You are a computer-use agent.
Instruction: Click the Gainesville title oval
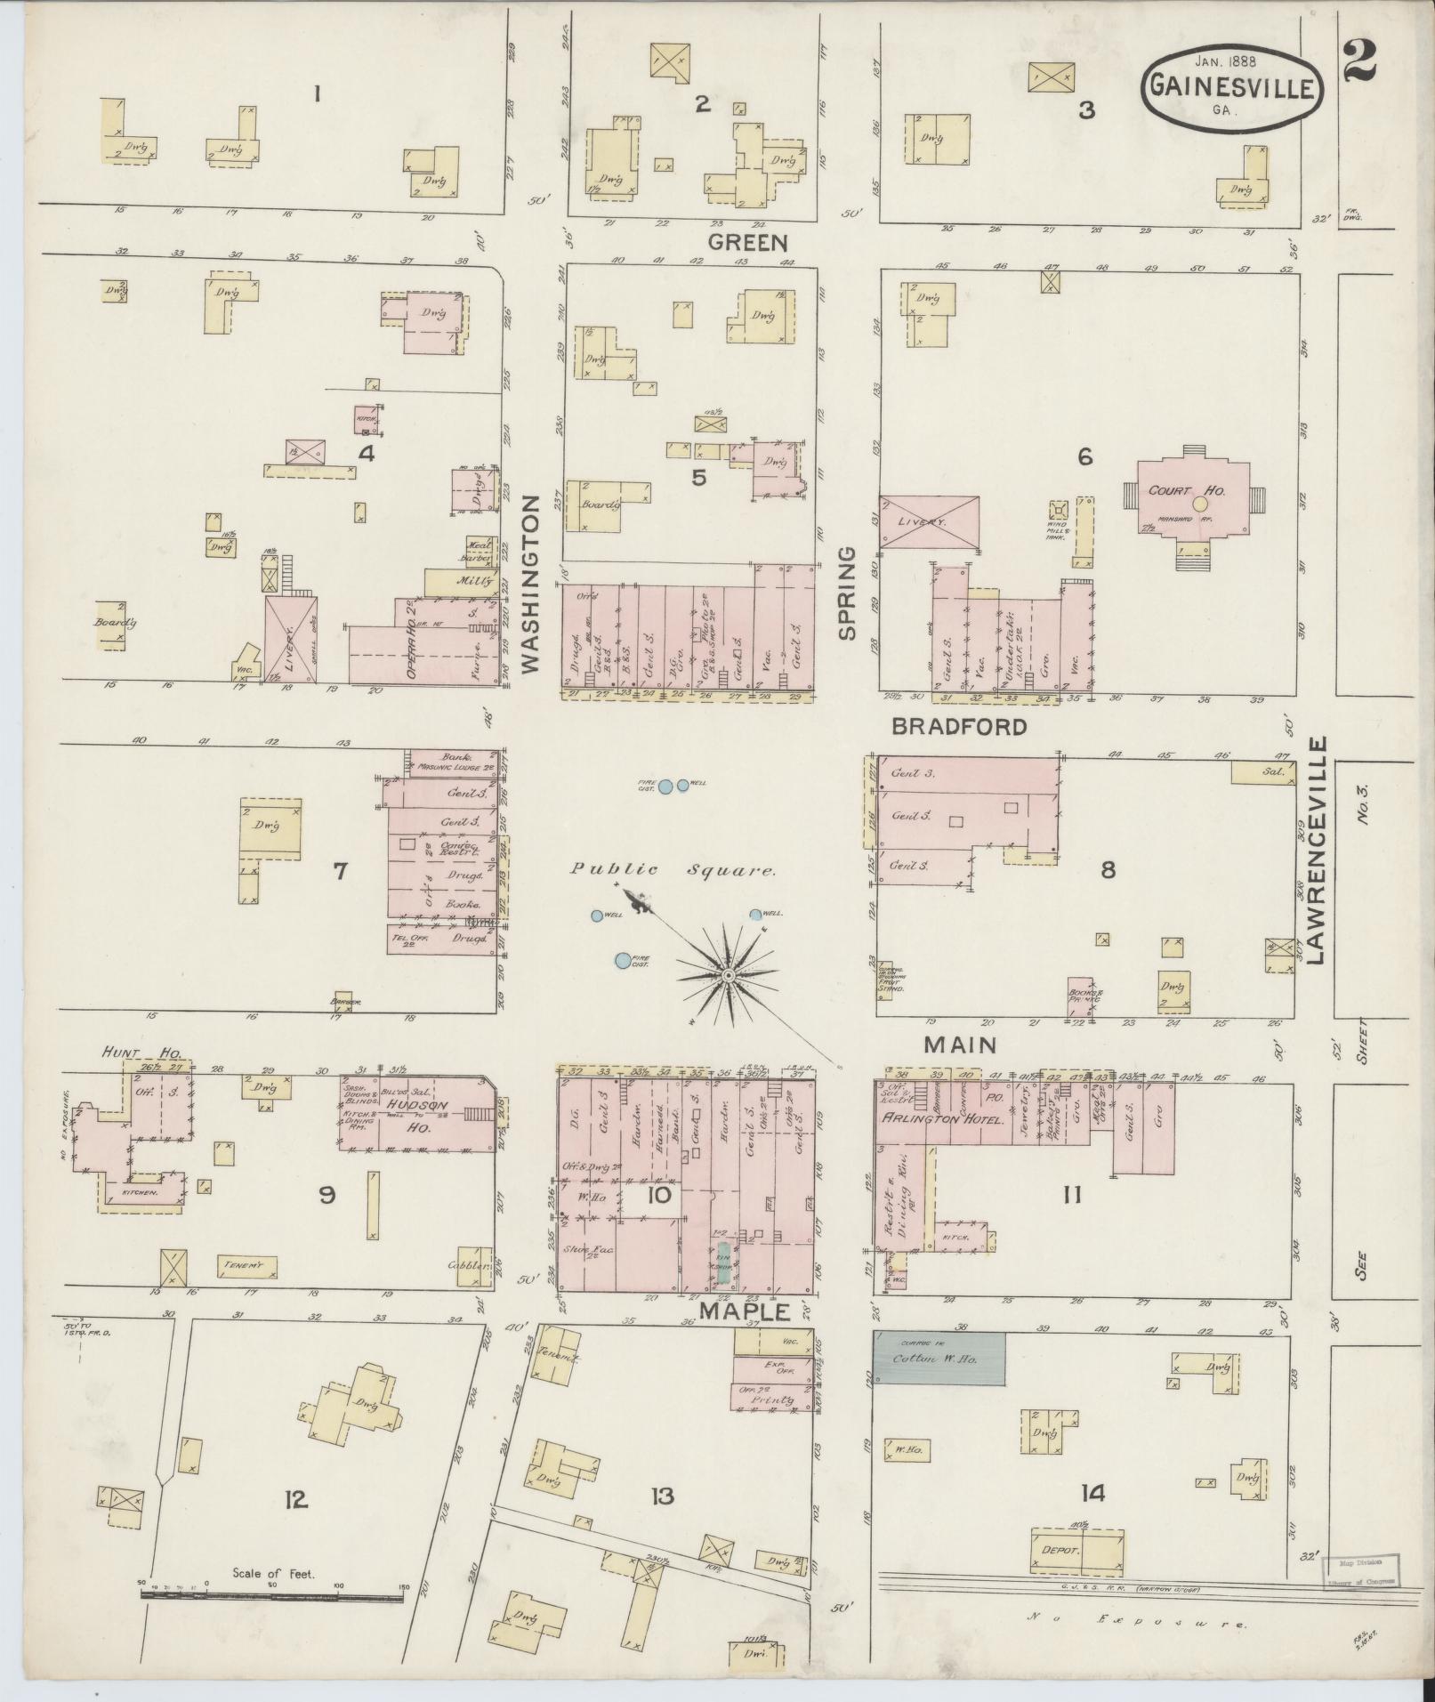point(1232,86)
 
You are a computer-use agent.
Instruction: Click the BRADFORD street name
point(959,727)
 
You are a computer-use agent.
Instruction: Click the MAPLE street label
point(744,1311)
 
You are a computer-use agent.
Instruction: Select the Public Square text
point(672,871)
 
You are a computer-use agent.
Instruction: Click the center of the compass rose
point(728,976)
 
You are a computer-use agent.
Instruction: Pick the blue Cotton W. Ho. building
point(938,1358)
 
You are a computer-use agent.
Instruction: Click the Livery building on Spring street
point(929,522)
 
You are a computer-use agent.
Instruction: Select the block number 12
point(295,1500)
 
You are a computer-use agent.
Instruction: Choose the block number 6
point(1084,456)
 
